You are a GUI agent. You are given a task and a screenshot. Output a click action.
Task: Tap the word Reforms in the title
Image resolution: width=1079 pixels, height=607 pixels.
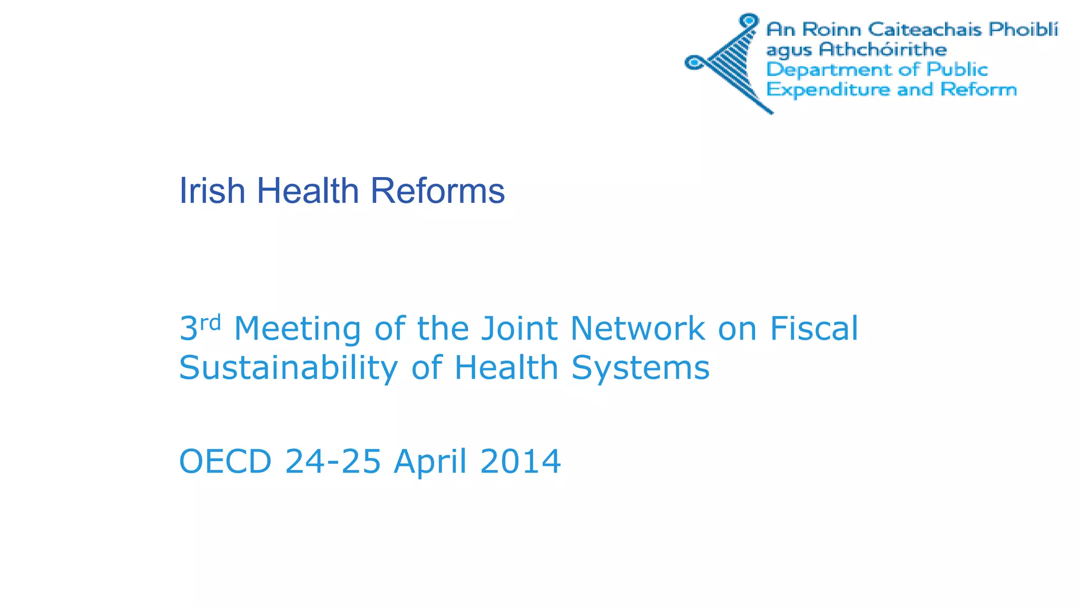437,190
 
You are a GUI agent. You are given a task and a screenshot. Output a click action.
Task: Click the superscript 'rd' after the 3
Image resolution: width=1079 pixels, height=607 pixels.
210,322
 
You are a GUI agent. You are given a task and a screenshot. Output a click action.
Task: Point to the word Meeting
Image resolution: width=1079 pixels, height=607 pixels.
298,329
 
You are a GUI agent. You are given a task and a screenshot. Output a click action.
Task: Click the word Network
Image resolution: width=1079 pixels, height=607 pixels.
637,329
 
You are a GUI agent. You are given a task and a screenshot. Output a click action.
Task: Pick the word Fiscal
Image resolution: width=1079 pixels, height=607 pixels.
814,329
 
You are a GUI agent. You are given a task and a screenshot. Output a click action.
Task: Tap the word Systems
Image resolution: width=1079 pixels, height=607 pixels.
641,368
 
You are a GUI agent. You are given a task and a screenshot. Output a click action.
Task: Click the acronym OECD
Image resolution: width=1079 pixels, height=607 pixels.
225,462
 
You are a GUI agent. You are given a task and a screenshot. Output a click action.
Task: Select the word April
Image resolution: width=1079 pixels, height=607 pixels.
430,462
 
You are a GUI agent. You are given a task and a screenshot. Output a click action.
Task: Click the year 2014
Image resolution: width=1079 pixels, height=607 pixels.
521,462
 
